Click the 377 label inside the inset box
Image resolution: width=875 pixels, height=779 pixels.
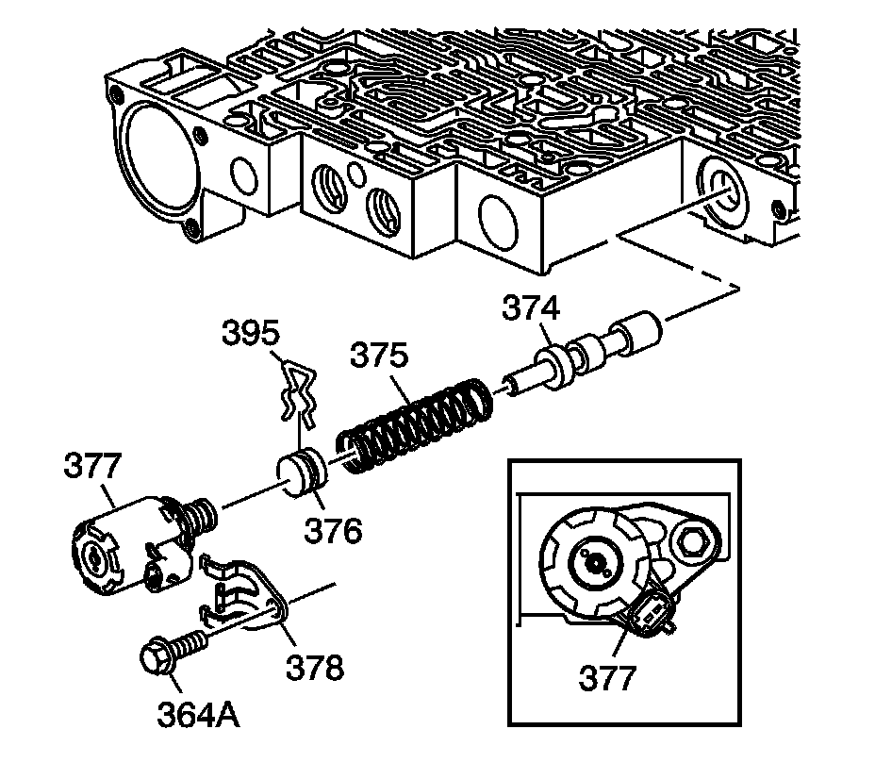click(x=608, y=676)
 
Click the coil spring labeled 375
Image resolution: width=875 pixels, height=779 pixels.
click(x=415, y=422)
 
